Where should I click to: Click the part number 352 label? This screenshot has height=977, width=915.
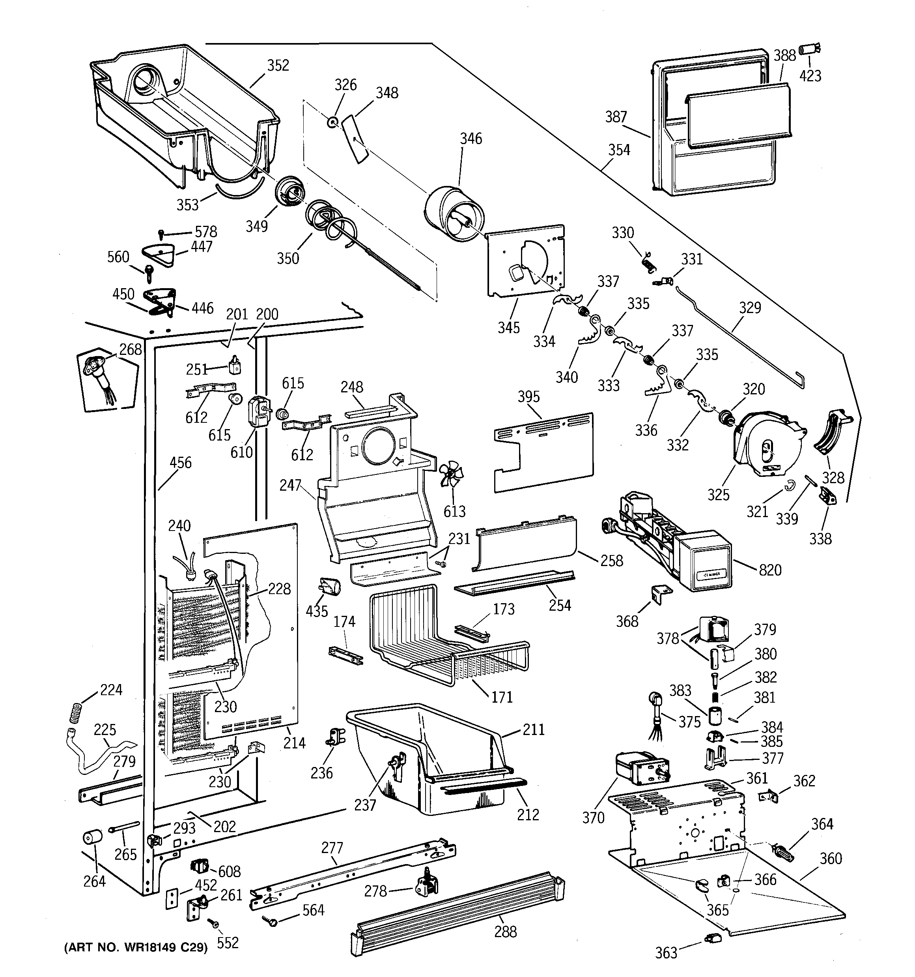click(278, 66)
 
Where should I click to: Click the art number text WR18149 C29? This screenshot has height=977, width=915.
click(136, 947)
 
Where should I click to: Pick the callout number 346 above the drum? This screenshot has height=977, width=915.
click(471, 139)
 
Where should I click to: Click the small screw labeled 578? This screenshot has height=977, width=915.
click(161, 233)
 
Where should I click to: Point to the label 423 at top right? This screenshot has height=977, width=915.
click(810, 76)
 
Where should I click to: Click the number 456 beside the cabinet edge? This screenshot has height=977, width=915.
click(180, 463)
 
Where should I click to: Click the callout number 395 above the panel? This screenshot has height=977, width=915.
click(528, 397)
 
